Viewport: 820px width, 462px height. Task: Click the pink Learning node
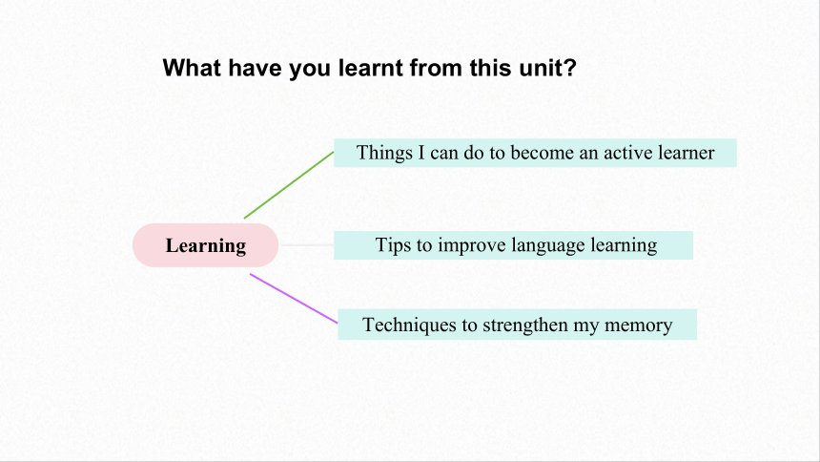[x=206, y=245]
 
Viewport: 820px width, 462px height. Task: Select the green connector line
[x=289, y=185]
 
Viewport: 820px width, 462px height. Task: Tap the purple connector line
[x=294, y=299]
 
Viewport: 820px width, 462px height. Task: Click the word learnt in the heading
[x=371, y=68]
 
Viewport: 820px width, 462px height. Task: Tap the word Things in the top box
[x=384, y=153]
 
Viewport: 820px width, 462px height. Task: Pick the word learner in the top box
[x=687, y=153]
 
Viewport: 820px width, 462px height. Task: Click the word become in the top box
[x=542, y=153]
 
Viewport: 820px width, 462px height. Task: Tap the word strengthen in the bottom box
[x=524, y=325]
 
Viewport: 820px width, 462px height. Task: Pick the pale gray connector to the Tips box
[x=307, y=244]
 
